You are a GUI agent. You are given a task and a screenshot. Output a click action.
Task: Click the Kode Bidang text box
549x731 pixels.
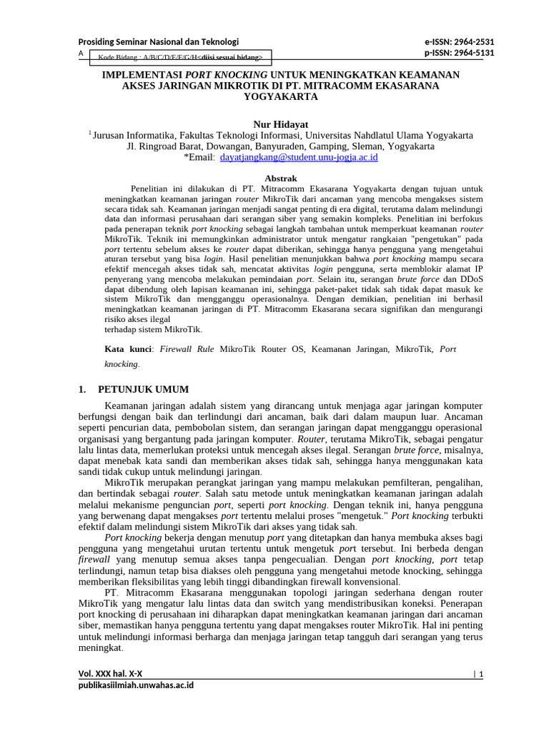coord(179,57)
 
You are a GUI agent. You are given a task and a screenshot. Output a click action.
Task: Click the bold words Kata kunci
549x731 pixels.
coord(129,349)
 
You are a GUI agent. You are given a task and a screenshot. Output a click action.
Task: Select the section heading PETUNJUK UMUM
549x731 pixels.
coord(144,389)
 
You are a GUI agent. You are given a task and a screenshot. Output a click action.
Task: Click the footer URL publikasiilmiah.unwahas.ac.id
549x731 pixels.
coord(136,685)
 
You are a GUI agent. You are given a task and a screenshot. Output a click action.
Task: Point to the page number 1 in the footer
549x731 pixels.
coord(481,674)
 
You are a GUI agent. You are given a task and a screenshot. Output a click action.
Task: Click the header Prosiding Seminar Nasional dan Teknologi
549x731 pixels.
coord(158,41)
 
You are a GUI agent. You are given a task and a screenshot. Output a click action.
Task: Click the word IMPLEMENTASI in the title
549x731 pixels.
coord(142,74)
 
